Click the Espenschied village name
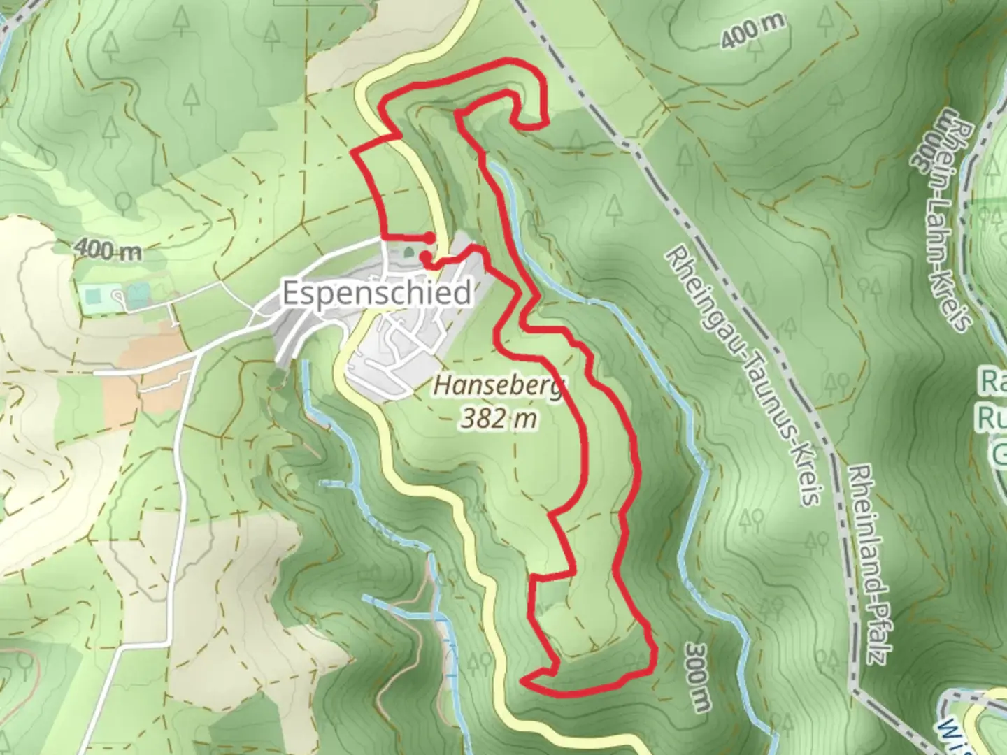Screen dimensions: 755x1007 (x=377, y=294)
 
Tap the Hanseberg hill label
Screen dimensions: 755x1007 (x=499, y=385)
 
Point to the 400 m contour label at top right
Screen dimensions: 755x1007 (x=753, y=31)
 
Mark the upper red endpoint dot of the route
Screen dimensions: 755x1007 (x=429, y=238)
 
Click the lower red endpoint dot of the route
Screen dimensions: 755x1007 (x=425, y=257)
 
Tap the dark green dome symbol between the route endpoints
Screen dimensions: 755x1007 (x=408, y=252)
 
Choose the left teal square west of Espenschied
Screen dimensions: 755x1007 (x=91, y=296)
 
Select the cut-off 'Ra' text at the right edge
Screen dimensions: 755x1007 (x=994, y=383)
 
